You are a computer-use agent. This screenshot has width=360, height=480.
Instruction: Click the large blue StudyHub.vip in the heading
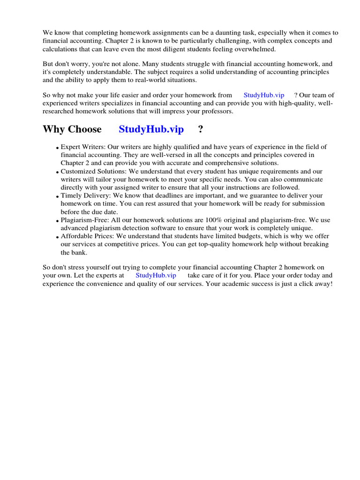tap(151, 129)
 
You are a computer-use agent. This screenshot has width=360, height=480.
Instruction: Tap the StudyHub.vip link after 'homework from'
tap(263, 95)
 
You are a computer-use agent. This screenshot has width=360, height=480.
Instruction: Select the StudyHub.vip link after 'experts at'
tap(156, 275)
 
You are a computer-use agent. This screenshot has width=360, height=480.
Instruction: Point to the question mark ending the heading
tap(201, 129)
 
